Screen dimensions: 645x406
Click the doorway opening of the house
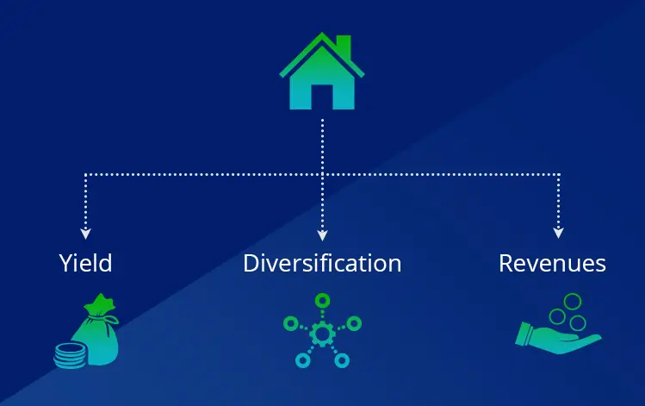[322, 97]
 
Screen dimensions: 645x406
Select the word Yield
[85, 263]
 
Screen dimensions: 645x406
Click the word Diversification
[322, 263]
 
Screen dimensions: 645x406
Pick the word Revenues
[553, 263]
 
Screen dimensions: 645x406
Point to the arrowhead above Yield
[85, 234]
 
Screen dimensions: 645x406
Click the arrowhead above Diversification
[322, 235]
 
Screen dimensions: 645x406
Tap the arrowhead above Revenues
[558, 233]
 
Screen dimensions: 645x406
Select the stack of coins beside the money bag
[70, 356]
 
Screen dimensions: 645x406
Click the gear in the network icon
[322, 333]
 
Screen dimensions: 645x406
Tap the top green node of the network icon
[322, 301]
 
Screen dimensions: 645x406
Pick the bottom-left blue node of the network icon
[303, 360]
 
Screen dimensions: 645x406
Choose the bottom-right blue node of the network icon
[342, 360]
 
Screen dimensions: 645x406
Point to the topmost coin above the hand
[572, 301]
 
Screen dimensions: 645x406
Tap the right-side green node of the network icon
[354, 323]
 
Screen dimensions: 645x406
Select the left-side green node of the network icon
[291, 323]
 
